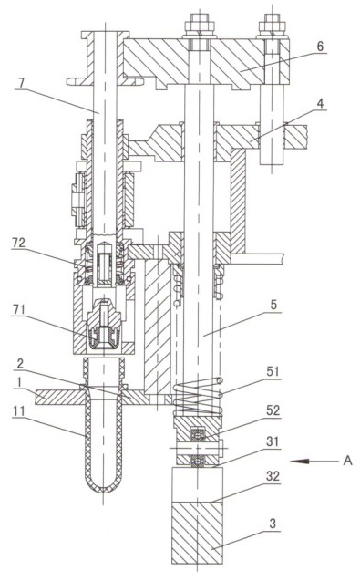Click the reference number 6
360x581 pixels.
(320, 47)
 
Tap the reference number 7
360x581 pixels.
(22, 83)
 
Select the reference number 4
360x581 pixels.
(321, 103)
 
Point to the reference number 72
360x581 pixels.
(18, 243)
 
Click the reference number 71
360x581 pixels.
(18, 309)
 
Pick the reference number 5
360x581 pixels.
(273, 305)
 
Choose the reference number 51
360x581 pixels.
(273, 371)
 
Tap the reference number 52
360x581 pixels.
(273, 410)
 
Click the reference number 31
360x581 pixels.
(273, 441)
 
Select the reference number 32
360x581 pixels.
(273, 476)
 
